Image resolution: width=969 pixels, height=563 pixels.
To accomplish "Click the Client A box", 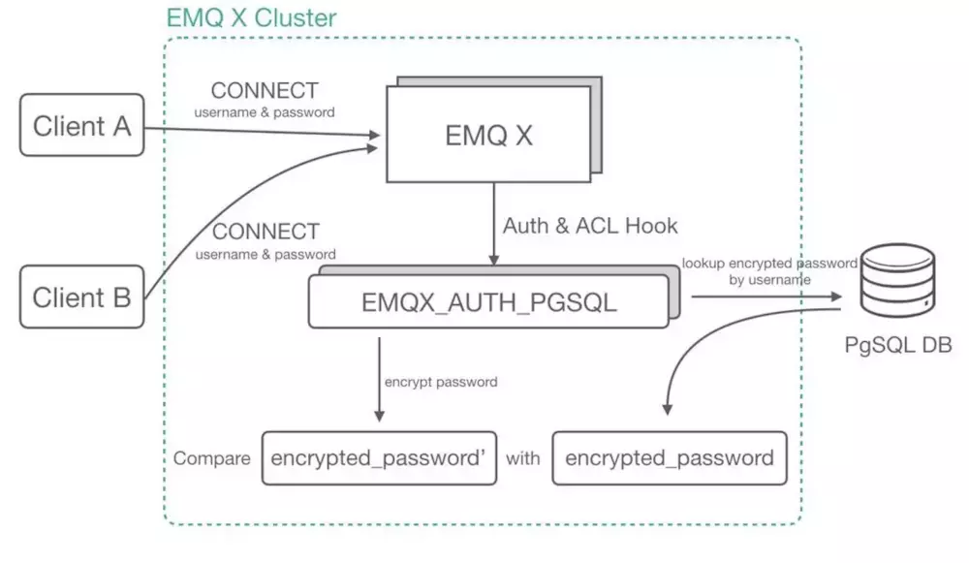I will [x=81, y=126].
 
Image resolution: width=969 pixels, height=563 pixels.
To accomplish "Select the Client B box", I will [x=81, y=297].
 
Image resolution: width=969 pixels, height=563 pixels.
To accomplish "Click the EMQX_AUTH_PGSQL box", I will [x=488, y=302].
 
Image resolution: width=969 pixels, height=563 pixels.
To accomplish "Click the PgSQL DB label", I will [x=898, y=346].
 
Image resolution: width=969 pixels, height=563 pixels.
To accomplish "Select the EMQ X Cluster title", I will [x=251, y=17].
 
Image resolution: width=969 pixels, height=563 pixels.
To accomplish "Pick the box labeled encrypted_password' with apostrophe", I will [x=378, y=458].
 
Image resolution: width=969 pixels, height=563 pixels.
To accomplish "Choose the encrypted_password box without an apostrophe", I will [x=670, y=458].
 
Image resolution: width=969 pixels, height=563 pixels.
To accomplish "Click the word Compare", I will [x=212, y=458].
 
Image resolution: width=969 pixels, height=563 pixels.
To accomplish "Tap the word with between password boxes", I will [x=523, y=458].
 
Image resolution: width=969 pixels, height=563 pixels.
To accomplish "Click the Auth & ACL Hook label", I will [x=590, y=226].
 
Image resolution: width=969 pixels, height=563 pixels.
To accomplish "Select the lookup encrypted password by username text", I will [x=769, y=270].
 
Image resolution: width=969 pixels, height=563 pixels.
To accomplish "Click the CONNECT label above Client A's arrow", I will [x=265, y=91].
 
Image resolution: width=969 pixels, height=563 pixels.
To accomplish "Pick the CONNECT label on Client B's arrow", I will [x=265, y=233].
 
